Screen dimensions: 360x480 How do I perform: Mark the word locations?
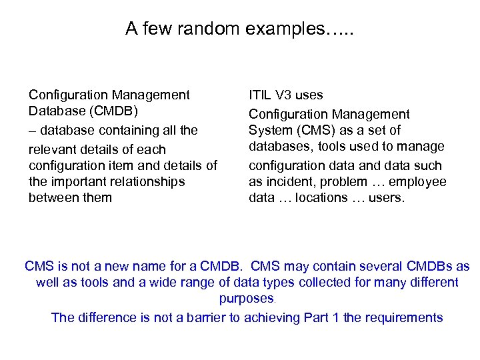pyautogui.click(x=320, y=197)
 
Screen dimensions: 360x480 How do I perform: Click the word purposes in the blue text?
pyautogui.click(x=246, y=299)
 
